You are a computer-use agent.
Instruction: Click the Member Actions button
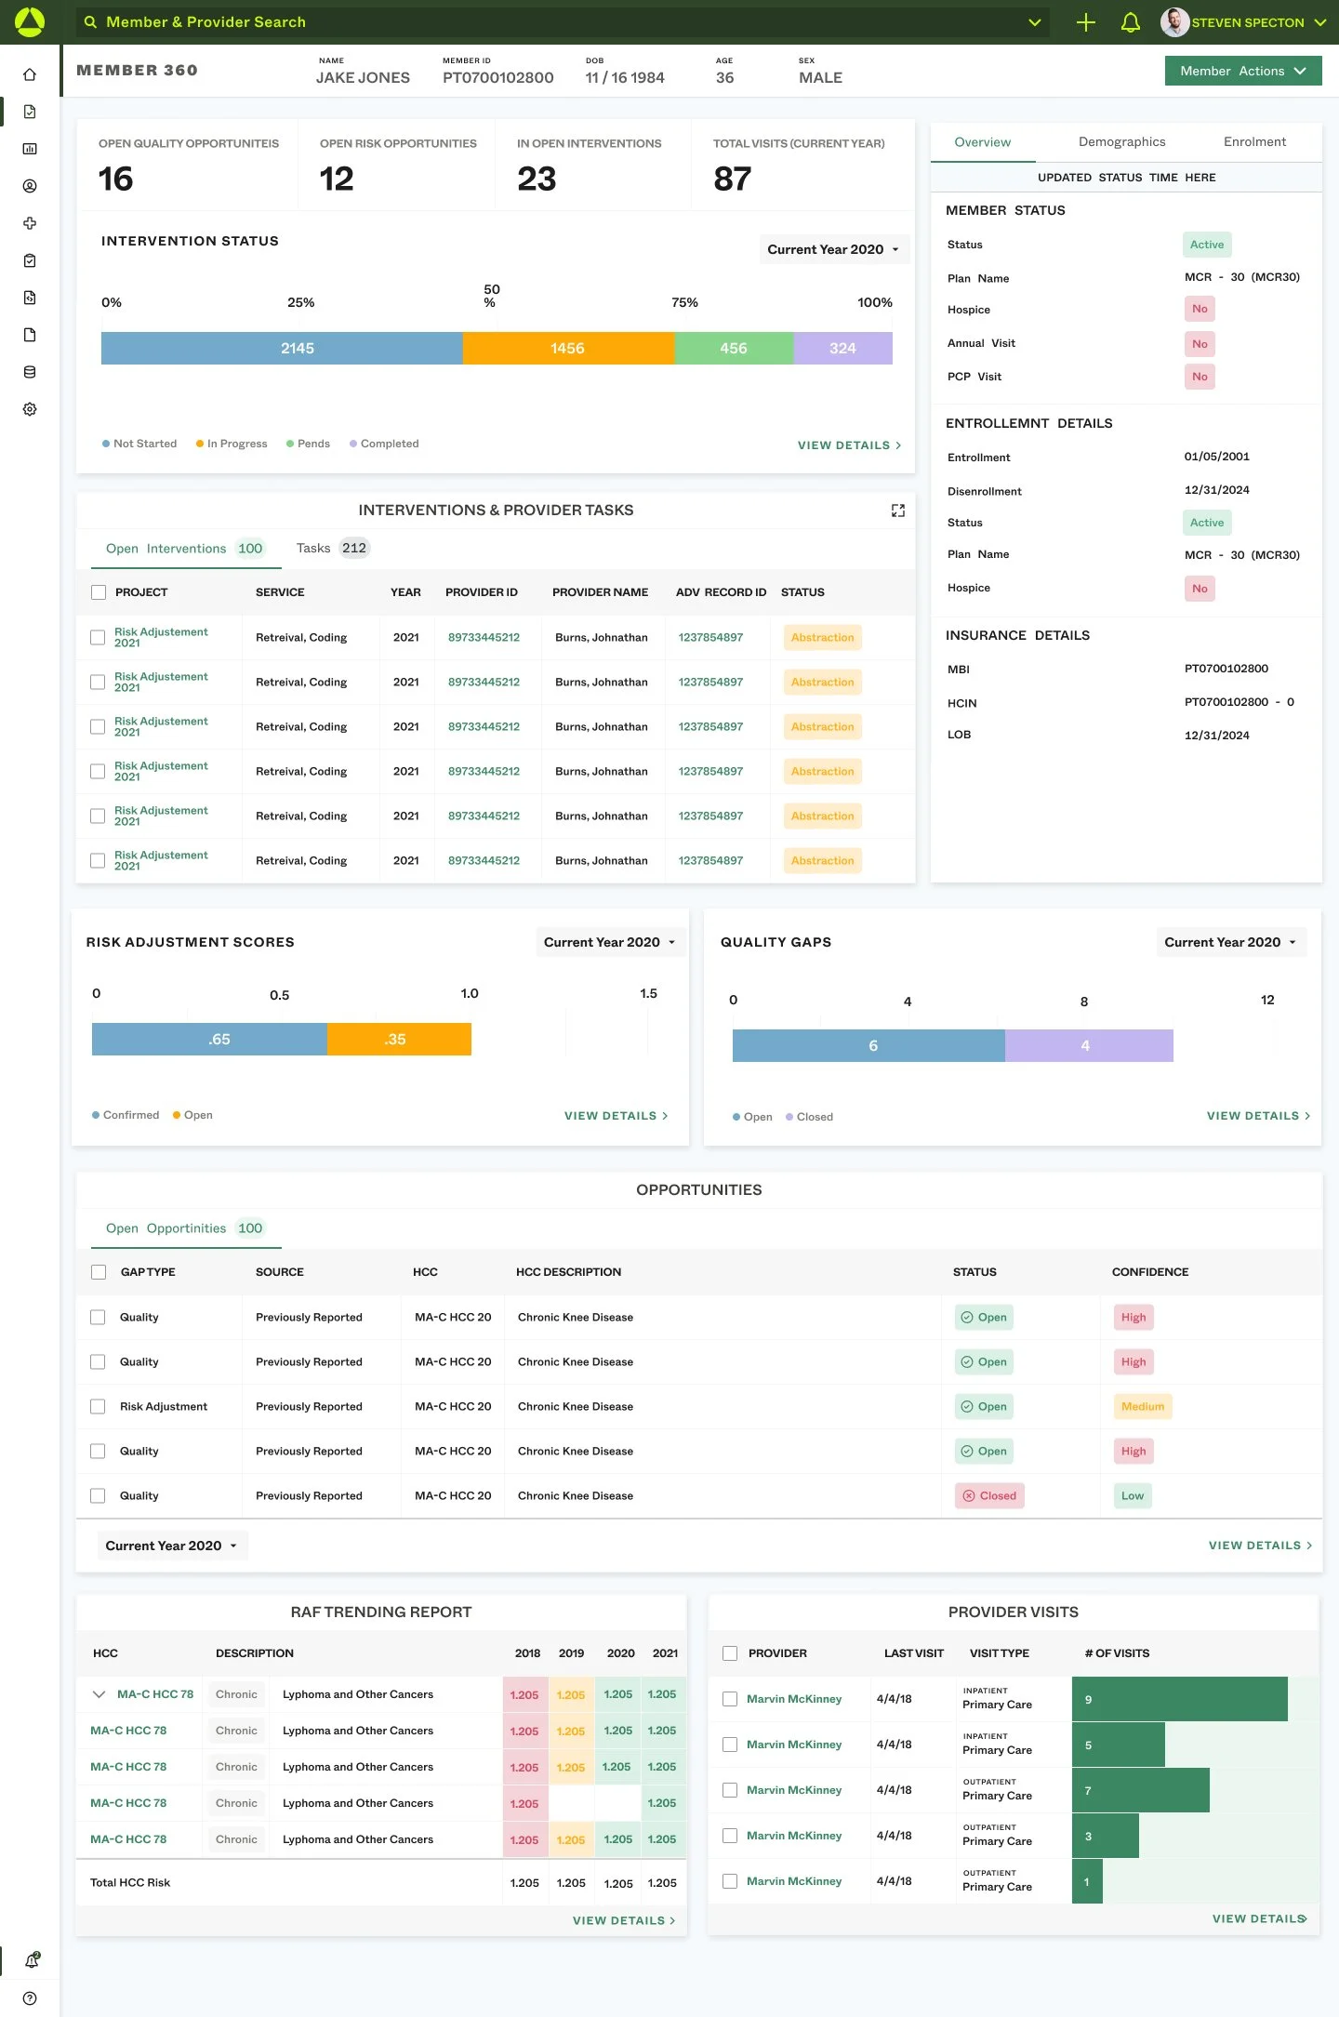(1243, 71)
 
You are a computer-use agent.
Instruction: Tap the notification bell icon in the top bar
(1131, 22)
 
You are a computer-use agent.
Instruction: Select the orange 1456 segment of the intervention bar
(568, 348)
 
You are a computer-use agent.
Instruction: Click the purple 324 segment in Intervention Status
(842, 348)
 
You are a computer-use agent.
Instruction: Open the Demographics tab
(1121, 141)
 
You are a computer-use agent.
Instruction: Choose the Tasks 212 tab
(333, 548)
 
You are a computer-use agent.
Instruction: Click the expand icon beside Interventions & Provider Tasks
(898, 511)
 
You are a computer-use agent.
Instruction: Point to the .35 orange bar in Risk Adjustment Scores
(399, 1039)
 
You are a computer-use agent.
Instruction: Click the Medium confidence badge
(1143, 1406)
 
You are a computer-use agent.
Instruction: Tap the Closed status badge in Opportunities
(989, 1495)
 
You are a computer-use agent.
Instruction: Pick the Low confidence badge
(1133, 1495)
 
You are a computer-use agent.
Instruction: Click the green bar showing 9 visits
(1180, 1699)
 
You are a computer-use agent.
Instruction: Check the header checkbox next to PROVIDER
(730, 1653)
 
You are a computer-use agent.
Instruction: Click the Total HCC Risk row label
(130, 1882)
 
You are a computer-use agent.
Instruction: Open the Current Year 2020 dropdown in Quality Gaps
(1231, 942)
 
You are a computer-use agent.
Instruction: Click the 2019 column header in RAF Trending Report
(571, 1653)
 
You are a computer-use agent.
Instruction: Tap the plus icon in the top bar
(1086, 22)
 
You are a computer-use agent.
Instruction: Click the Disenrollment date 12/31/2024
(1217, 490)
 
